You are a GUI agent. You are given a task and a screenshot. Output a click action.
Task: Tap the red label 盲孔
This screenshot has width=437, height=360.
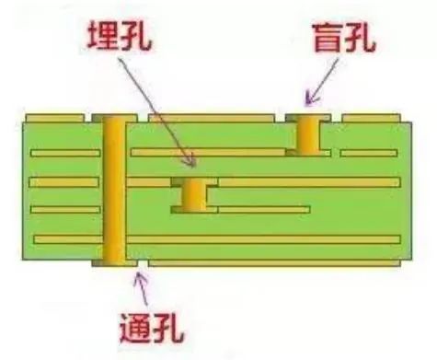[x=342, y=39]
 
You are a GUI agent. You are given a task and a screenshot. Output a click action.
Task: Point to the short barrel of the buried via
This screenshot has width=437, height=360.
[x=195, y=195]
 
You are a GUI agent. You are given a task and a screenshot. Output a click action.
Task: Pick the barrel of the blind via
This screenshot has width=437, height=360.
[x=307, y=136]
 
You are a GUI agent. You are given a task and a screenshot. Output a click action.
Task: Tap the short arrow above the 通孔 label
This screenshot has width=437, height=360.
[x=143, y=289]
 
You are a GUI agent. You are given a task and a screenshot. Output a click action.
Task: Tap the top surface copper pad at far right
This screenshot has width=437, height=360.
[x=371, y=118]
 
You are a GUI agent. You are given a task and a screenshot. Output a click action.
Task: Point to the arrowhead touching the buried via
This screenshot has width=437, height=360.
[x=190, y=163]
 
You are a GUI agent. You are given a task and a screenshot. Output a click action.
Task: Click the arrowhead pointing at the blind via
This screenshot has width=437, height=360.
[x=309, y=96]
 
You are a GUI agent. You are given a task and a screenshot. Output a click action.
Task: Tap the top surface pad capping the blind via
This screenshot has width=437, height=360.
[x=307, y=118]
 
